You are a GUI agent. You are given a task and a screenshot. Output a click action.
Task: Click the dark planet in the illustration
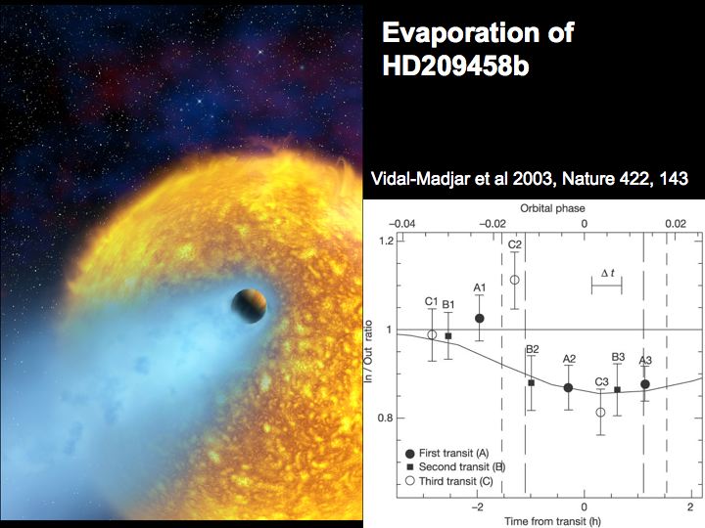pos(249,306)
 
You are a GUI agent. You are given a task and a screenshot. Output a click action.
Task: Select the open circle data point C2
pos(515,280)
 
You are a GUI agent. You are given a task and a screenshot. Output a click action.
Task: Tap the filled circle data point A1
pos(479,319)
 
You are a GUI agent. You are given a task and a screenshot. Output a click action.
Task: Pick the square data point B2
pos(531,383)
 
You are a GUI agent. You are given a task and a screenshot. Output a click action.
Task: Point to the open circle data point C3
pos(600,413)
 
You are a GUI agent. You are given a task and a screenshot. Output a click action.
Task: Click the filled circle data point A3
pos(644,384)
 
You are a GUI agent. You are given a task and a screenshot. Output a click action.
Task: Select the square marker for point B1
pos(447,335)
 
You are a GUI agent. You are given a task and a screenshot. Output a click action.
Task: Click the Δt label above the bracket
pos(608,273)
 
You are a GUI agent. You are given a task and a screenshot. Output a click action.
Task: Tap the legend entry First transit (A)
pos(447,454)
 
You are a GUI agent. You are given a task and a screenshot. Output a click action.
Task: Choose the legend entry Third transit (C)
pos(449,481)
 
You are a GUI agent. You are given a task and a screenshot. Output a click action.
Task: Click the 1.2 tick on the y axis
pos(386,242)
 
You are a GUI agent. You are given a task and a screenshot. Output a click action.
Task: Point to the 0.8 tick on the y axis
pos(386,418)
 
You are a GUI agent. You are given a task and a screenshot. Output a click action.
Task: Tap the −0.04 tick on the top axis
pos(402,224)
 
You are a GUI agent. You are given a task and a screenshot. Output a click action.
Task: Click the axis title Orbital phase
pos(552,208)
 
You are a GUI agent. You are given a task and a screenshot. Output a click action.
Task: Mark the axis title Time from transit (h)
pos(552,521)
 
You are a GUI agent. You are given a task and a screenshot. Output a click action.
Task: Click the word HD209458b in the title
pos(455,66)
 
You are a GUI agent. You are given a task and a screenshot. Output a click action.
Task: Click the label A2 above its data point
pos(569,359)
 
